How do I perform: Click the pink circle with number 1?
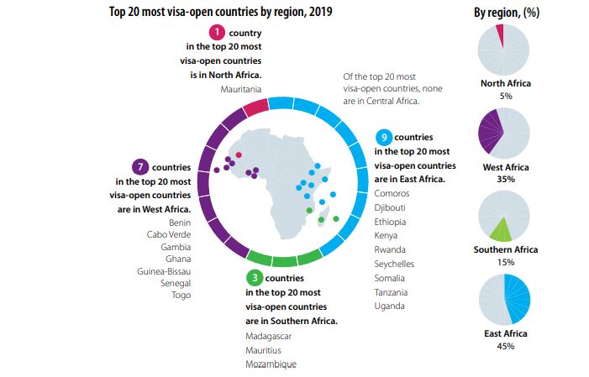pos(218,34)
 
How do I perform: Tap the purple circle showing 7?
pos(141,166)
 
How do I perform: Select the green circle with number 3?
pos(254,277)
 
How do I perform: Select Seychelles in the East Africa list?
pos(394,264)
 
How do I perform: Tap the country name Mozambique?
pos(271,364)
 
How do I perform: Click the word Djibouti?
pos(391,207)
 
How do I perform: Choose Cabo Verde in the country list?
pos(169,234)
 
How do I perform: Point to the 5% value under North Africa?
pos(505,97)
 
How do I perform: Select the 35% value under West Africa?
pos(505,180)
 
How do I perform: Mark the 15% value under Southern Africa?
pos(505,262)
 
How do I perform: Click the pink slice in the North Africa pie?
pos(500,35)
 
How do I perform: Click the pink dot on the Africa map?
pos(239,154)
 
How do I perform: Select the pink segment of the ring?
pos(255,107)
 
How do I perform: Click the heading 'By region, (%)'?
pos(506,12)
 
